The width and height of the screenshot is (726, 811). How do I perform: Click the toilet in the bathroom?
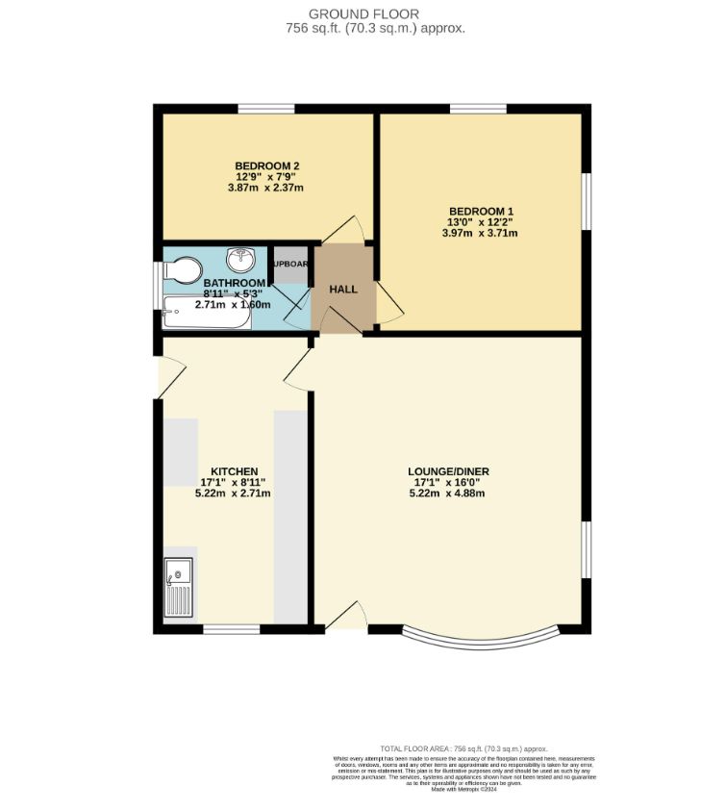click(x=183, y=268)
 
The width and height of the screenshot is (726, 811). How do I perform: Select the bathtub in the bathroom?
click(x=208, y=312)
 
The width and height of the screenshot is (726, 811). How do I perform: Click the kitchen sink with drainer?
click(x=179, y=587)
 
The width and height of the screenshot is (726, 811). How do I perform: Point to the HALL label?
click(x=343, y=290)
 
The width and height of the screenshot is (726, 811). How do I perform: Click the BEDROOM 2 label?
click(x=266, y=165)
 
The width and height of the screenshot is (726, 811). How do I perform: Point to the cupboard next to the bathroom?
click(x=290, y=265)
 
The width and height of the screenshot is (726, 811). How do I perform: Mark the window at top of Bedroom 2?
click(x=266, y=109)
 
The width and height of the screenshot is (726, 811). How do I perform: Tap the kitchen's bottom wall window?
click(x=231, y=630)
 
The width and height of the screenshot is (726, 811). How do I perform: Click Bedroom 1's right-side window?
click(x=587, y=201)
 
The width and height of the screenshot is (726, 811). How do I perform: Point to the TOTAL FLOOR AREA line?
click(x=463, y=748)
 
